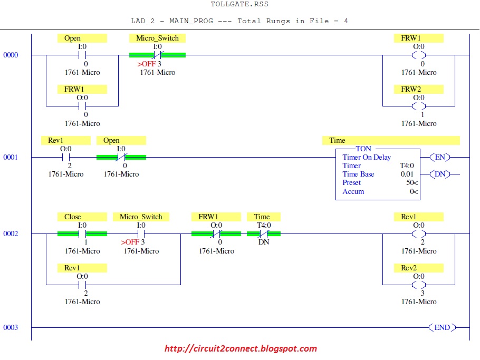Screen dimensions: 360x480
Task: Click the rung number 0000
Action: click(11, 55)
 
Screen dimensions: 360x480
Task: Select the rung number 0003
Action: click(11, 327)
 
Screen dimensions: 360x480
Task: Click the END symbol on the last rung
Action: click(442, 327)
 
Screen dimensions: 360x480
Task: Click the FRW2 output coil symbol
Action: click(418, 106)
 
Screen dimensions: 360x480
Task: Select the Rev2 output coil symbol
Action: click(418, 285)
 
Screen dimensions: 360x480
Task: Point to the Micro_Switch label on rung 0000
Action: click(157, 38)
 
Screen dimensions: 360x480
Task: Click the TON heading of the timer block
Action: click(363, 149)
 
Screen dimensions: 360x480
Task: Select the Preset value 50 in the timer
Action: click(410, 182)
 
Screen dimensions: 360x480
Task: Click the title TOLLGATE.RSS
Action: click(239, 4)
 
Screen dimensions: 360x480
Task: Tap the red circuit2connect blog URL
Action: click(241, 348)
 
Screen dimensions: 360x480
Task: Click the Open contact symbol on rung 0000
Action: click(82, 55)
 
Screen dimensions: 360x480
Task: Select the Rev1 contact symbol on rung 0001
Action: click(66, 157)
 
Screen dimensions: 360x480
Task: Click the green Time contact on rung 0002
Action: click(264, 233)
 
